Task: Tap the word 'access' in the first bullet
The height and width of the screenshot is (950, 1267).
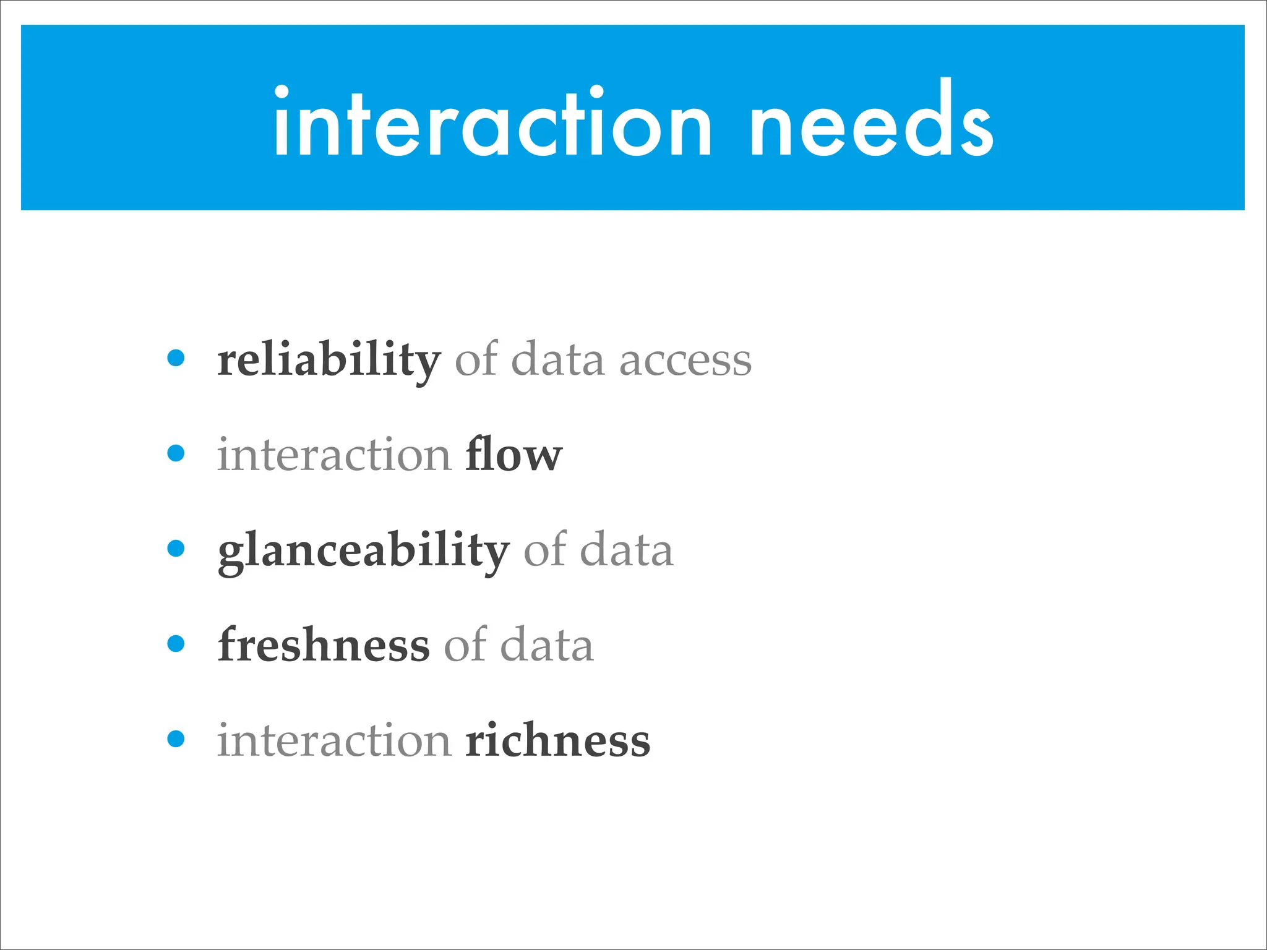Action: tap(685, 361)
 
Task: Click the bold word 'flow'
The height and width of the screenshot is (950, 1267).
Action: tap(513, 455)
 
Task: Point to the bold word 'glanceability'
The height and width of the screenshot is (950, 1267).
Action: tap(364, 550)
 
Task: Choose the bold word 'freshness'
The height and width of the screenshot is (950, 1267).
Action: tap(324, 644)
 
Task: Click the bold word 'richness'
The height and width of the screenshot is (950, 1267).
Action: tap(558, 740)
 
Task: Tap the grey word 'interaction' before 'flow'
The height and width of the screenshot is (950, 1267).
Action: tap(334, 455)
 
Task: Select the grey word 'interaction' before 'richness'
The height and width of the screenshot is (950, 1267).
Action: tap(334, 740)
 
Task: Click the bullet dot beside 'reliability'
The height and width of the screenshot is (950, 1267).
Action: tap(176, 358)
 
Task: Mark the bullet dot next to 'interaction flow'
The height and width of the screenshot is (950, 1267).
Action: tap(176, 453)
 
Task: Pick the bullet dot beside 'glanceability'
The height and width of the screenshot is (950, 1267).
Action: tap(176, 549)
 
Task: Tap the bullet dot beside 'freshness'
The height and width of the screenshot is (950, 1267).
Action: tap(176, 644)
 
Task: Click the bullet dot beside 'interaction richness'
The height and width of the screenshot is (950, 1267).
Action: tap(176, 739)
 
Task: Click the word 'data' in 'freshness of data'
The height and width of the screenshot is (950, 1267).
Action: tap(547, 644)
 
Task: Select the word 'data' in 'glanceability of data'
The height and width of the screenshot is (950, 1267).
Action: tap(627, 550)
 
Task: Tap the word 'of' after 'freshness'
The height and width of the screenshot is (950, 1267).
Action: tap(465, 644)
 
